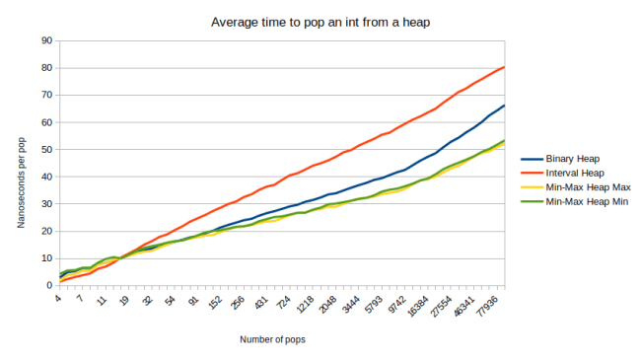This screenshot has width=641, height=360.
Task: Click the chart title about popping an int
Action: pos(320,21)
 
